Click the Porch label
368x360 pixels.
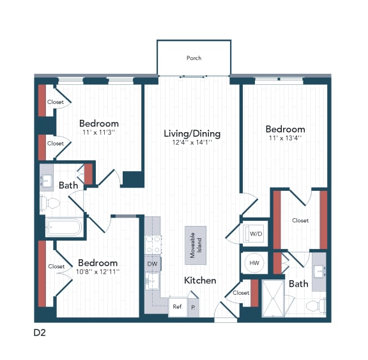[x=194, y=58]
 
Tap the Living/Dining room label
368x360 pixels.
[x=192, y=133]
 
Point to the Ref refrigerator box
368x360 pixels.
[x=177, y=306]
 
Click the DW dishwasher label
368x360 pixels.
[x=152, y=264]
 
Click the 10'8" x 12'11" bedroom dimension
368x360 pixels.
[x=98, y=273]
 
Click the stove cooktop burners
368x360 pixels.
[x=153, y=244]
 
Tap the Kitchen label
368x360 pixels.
[x=200, y=280]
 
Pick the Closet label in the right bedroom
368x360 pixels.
[x=300, y=221]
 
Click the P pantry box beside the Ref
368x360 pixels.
[x=194, y=306]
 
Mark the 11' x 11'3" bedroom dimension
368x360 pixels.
[x=99, y=132]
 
